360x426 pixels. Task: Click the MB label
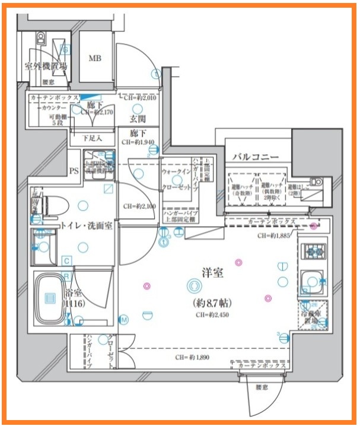[95, 58]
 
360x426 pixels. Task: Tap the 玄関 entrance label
[138, 119]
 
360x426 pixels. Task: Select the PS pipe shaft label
[74, 171]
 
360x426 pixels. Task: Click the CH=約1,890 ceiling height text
[193, 358]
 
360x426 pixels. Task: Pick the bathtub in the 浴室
[51, 298]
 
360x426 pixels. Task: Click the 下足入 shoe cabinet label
[90, 138]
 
